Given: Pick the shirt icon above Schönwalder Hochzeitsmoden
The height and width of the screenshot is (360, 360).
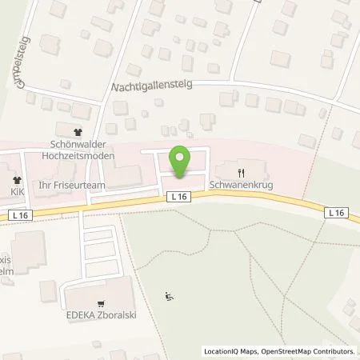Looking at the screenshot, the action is [78, 134].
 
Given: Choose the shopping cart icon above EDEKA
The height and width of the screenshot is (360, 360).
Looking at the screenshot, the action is [100, 303].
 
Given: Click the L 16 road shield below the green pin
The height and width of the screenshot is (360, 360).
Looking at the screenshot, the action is [177, 196].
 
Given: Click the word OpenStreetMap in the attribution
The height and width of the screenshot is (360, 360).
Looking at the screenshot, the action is [271, 351].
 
